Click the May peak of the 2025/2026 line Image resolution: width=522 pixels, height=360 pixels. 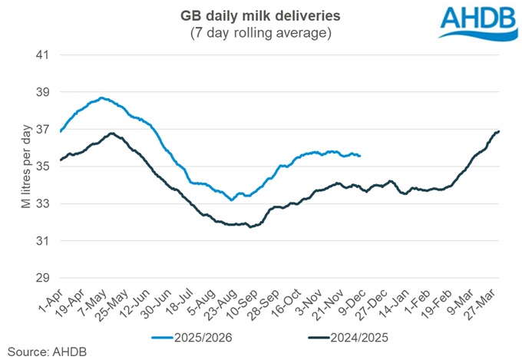point(102,97)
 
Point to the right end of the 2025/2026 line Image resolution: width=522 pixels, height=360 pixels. point(360,156)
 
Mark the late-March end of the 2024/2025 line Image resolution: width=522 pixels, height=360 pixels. point(499,131)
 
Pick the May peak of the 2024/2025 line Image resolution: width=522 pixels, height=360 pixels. point(112,134)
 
